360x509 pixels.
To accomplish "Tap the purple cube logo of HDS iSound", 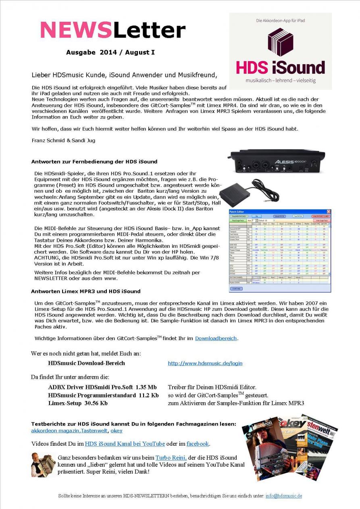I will click(x=280, y=42).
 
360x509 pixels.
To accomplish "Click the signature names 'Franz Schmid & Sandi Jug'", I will click(x=63, y=140).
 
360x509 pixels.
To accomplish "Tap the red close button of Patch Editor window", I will click(x=328, y=212).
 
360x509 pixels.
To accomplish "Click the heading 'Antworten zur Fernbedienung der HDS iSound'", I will click(x=94, y=162).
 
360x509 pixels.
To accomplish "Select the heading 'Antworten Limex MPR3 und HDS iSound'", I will click(x=85, y=291).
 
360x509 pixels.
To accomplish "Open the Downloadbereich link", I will click(x=216, y=338).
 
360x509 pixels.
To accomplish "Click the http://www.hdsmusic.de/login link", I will click(x=205, y=363).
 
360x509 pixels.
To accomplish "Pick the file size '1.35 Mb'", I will click(x=146, y=387).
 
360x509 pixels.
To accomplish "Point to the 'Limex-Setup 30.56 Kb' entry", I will click(x=78, y=403).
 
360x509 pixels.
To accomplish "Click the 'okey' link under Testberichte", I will click(x=117, y=430).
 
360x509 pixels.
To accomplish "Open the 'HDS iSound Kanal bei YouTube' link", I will click(x=125, y=444).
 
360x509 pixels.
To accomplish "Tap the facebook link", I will click(x=198, y=444).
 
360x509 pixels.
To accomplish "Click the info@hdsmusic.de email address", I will click(x=283, y=496).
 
